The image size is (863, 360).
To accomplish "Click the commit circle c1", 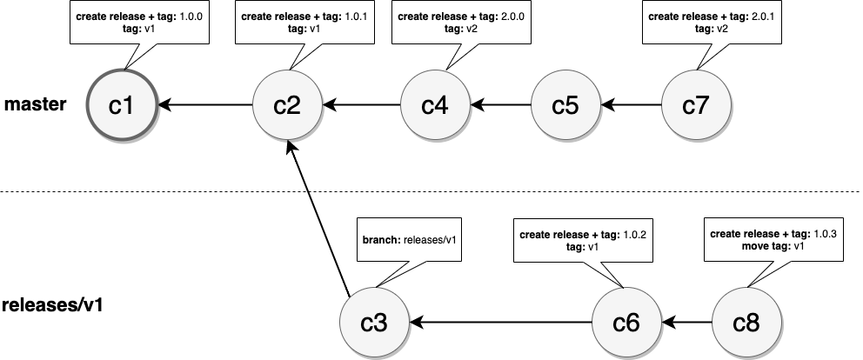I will click(123, 105).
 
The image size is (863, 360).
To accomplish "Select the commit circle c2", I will click(287, 105).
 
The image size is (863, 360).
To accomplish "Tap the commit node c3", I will click(373, 323).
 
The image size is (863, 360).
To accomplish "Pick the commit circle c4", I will click(434, 105).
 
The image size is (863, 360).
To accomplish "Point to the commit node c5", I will click(565, 105).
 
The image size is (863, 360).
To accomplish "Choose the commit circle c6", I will click(626, 323).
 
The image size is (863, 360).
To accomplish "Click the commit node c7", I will click(696, 105).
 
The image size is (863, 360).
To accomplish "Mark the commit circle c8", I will click(746, 323).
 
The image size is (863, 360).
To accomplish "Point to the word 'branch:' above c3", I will click(381, 240).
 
